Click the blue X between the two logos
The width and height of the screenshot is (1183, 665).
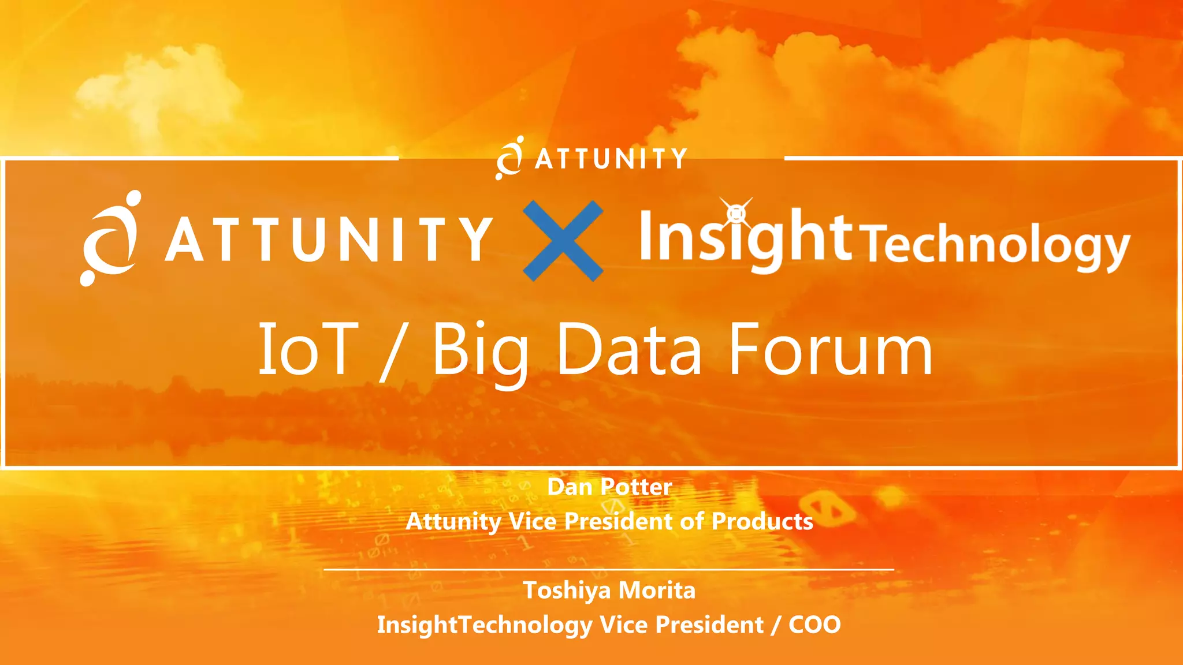click(x=563, y=241)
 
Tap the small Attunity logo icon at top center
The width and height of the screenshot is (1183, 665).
click(x=509, y=158)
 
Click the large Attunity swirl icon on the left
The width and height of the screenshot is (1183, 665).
click(x=110, y=238)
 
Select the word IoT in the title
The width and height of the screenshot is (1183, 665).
click(x=306, y=349)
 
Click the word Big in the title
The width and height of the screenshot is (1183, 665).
click(x=479, y=350)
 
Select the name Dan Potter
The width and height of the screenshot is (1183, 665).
click(x=609, y=487)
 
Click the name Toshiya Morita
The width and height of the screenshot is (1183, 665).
click(x=609, y=590)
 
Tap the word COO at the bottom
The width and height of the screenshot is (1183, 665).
click(x=814, y=625)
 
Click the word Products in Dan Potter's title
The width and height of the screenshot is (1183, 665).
click(x=762, y=521)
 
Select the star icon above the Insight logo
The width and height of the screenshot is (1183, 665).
click(x=736, y=213)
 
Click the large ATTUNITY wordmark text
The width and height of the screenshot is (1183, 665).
click(x=329, y=240)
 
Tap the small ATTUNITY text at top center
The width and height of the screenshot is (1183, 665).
click(x=611, y=159)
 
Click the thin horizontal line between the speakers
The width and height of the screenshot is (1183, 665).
click(x=609, y=569)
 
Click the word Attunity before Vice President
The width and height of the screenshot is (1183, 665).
click(x=453, y=521)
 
